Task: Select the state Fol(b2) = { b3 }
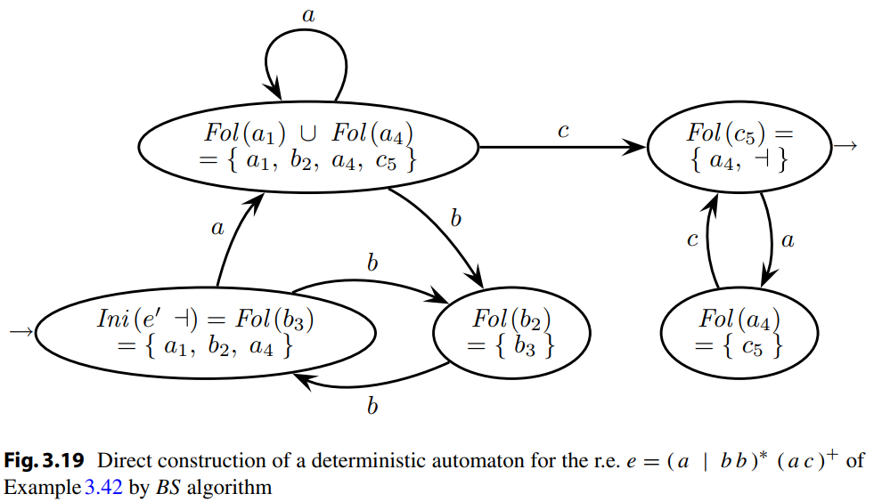tap(512, 331)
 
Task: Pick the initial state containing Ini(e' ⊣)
tap(205, 331)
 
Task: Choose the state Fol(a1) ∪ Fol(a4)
tap(308, 146)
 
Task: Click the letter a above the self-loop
tap(308, 13)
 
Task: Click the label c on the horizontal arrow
tap(562, 131)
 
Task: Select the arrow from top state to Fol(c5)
tap(561, 148)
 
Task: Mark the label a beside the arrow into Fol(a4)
tap(788, 239)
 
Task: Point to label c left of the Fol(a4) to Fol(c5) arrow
tap(692, 240)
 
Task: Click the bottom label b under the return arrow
tap(372, 407)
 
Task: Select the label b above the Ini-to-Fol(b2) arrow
tap(372, 263)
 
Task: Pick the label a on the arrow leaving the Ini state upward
tap(216, 228)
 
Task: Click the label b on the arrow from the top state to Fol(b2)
tap(455, 218)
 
